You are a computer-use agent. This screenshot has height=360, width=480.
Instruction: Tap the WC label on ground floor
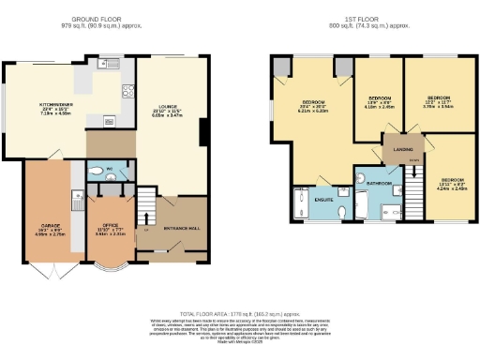pyautogui.click(x=109, y=171)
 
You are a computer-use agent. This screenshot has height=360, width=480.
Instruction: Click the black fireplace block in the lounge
pyautogui.click(x=202, y=132)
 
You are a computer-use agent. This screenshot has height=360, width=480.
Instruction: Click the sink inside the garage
pyautogui.click(x=74, y=201)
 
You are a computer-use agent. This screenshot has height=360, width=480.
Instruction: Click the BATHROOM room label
pyautogui.click(x=379, y=183)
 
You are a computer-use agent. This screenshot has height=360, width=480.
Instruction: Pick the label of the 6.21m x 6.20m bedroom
pyautogui.click(x=313, y=103)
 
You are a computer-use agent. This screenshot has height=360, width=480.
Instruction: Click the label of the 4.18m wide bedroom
pyautogui.click(x=379, y=100)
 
